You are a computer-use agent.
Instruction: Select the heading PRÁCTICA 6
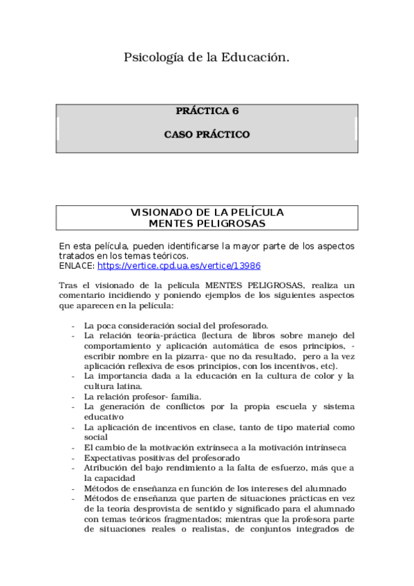207,111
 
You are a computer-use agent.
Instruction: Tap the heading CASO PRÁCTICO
207,134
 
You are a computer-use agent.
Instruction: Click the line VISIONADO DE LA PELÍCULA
207,212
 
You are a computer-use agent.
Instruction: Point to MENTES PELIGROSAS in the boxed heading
207,223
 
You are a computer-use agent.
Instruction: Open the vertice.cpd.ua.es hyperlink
178,265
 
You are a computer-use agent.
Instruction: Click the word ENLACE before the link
76,265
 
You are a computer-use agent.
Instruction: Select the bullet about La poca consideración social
176,325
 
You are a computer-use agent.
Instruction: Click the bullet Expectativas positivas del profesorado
162,457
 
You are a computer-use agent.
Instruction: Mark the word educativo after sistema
104,417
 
